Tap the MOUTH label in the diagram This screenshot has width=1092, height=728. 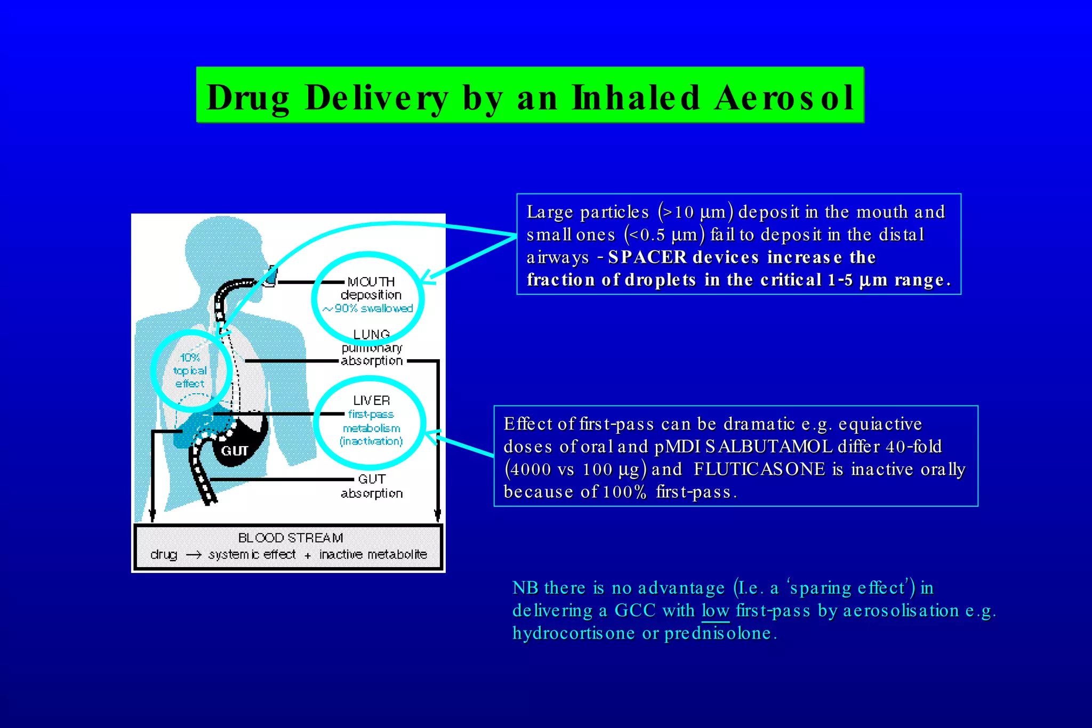[x=371, y=281]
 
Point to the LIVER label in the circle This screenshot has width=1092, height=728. [x=372, y=400]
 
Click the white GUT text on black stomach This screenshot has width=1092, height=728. [x=235, y=451]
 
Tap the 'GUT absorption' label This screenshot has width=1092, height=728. [x=372, y=486]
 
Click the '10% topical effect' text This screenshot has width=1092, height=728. [x=190, y=370]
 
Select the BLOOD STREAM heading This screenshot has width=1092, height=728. [x=290, y=538]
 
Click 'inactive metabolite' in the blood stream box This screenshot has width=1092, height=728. [x=373, y=555]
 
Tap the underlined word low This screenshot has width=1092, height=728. [x=715, y=611]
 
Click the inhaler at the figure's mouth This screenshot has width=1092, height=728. [x=271, y=276]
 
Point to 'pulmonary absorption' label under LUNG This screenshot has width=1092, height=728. [x=372, y=354]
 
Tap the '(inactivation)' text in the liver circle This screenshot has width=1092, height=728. [x=372, y=441]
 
